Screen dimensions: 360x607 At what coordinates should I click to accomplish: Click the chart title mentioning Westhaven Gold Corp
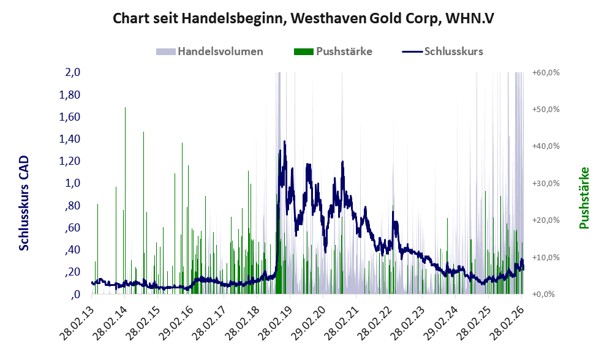[x=303, y=19]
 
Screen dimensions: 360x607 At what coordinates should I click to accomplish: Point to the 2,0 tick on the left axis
[x=72, y=72]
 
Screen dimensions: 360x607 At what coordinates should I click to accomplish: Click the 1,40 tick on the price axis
[x=69, y=139]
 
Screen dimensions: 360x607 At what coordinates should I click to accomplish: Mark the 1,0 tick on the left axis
[x=72, y=183]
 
